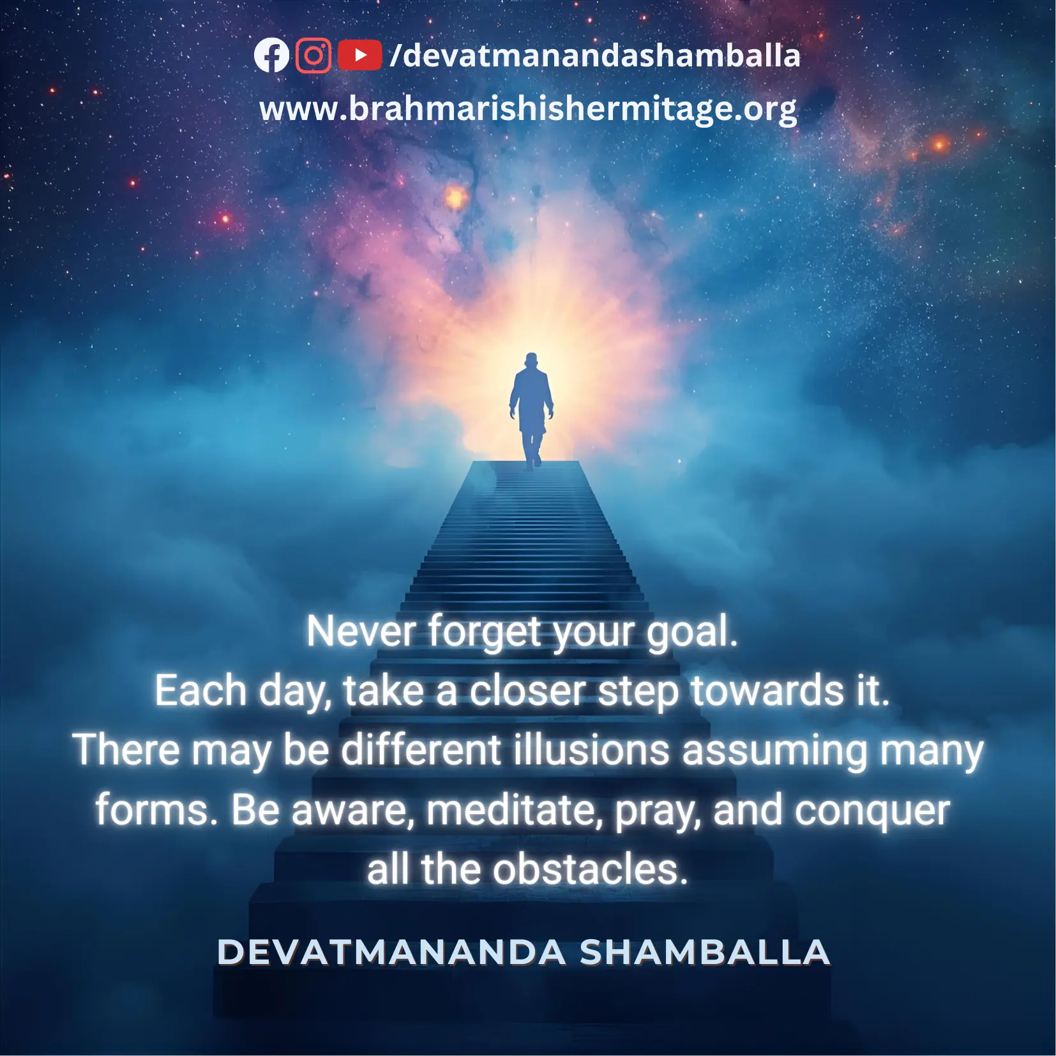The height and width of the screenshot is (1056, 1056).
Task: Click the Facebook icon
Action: click(271, 56)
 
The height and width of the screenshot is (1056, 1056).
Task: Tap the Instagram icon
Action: click(313, 56)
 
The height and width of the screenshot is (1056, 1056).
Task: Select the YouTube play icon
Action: click(359, 55)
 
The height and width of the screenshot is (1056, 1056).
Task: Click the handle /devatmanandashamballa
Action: click(594, 55)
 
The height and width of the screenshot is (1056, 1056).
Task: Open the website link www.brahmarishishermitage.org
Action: click(528, 109)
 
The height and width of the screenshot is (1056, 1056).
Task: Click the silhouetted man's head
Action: click(531, 361)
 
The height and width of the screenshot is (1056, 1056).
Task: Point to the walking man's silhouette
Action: click(531, 411)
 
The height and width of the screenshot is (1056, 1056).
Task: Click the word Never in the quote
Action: click(361, 631)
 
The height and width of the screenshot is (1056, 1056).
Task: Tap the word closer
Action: click(527, 691)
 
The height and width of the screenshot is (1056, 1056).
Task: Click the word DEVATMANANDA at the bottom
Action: click(391, 952)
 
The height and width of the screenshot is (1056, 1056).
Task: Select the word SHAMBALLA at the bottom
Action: click(705, 952)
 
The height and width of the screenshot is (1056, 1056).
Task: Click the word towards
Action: click(768, 691)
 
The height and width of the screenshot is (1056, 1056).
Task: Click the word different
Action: click(421, 750)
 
